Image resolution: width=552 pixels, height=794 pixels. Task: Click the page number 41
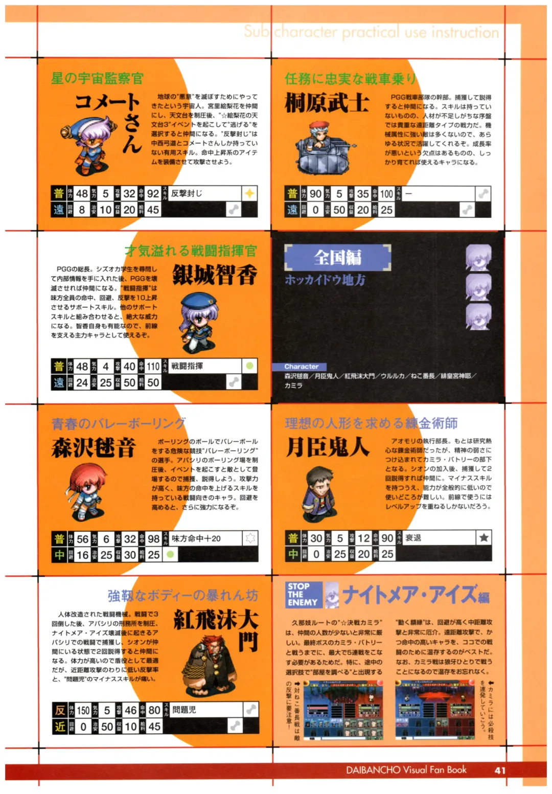500,770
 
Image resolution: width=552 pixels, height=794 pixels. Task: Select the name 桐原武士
327,103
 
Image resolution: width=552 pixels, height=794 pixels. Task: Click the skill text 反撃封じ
187,193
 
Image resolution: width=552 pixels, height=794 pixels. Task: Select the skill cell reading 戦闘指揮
187,366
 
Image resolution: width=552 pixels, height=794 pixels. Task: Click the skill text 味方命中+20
196,538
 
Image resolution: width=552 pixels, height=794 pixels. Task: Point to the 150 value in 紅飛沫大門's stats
83,710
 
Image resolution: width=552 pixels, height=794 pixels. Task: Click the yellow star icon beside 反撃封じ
249,193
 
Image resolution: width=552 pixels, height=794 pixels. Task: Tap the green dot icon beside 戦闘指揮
249,366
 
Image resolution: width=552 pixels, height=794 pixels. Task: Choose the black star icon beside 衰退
483,537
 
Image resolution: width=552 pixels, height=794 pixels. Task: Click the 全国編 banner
337,257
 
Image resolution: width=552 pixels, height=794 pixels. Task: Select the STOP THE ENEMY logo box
304,595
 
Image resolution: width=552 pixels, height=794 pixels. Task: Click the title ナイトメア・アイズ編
415,594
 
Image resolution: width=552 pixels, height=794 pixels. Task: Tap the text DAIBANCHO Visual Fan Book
406,770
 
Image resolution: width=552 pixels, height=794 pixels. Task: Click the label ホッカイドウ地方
325,280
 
